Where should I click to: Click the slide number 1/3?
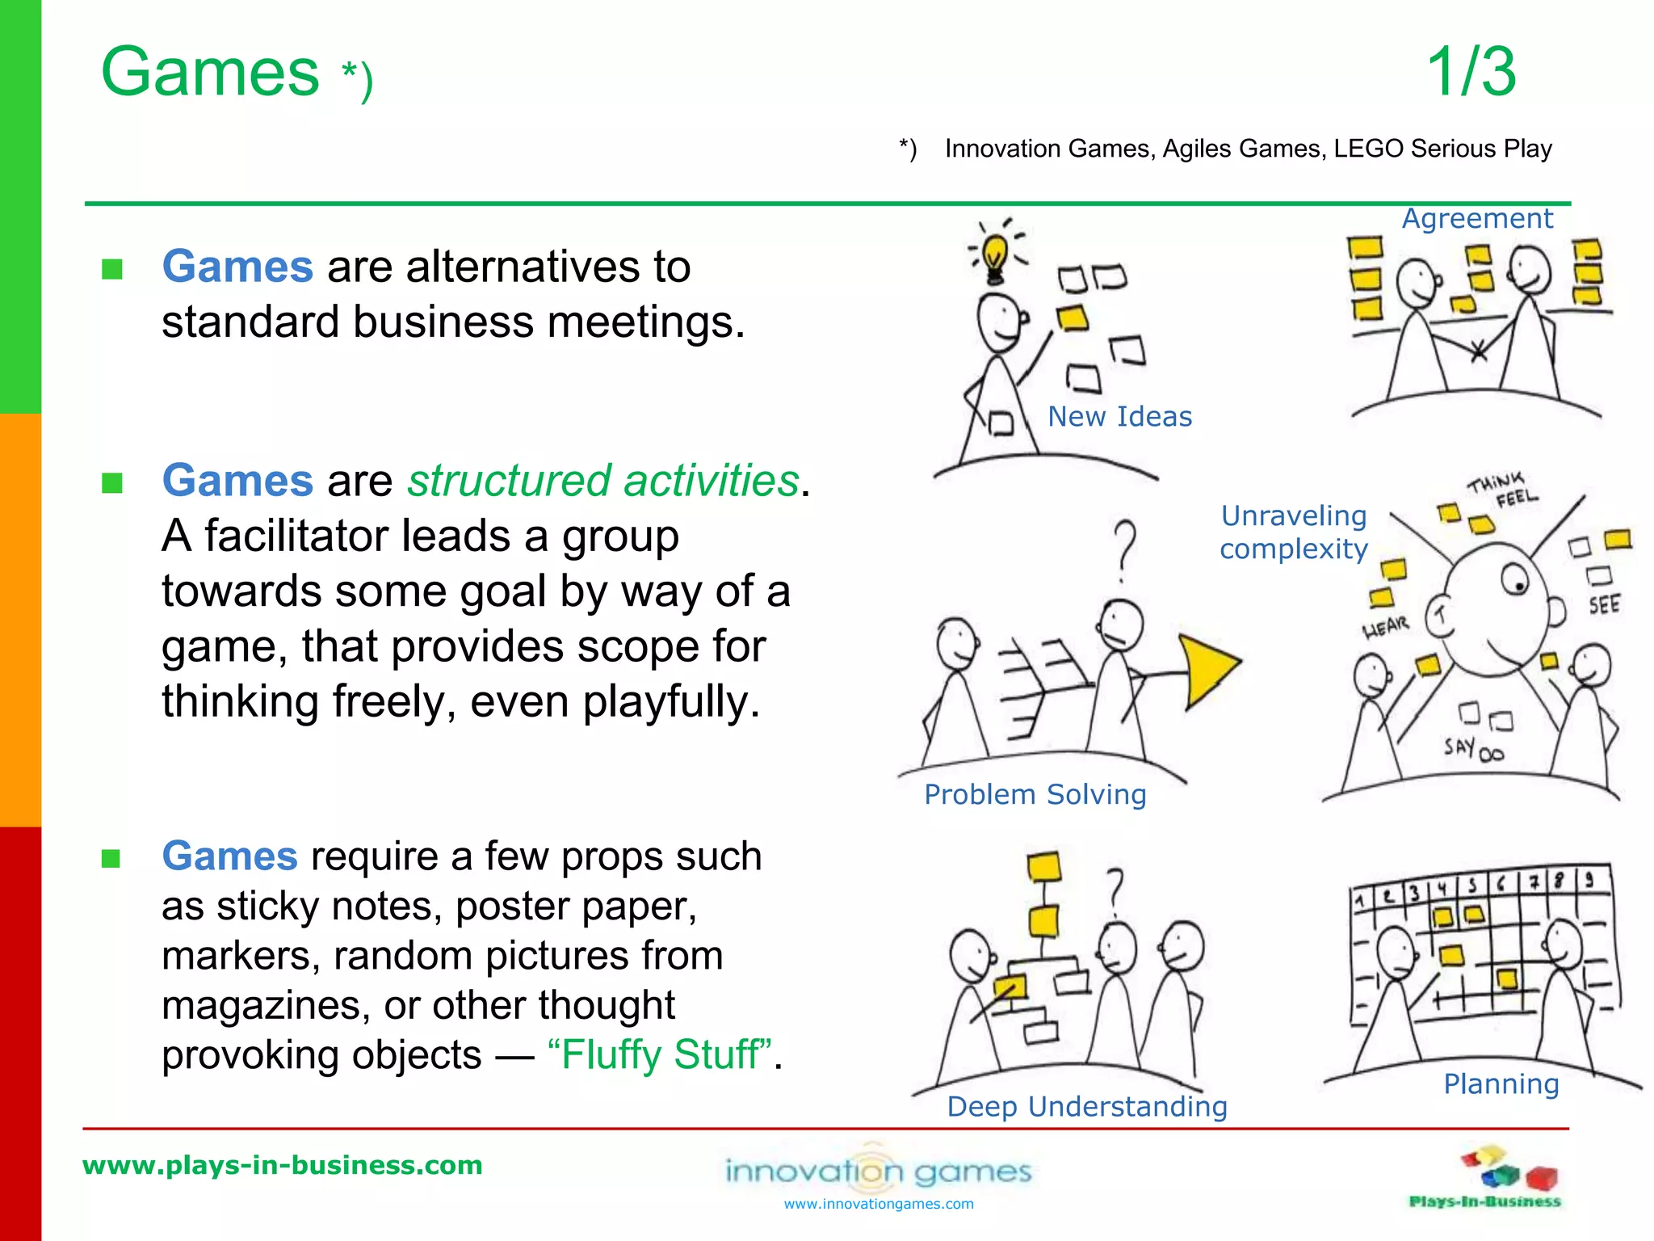(x=1471, y=73)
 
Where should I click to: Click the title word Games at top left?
(x=210, y=73)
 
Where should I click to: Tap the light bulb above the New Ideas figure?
(x=996, y=254)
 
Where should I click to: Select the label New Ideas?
(x=1119, y=417)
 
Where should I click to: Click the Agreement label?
(x=1476, y=219)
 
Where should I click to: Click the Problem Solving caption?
(x=1035, y=795)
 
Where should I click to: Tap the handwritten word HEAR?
(x=1386, y=627)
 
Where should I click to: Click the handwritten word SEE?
(x=1604, y=605)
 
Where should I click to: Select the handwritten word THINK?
(x=1495, y=483)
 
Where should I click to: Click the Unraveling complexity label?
(x=1294, y=532)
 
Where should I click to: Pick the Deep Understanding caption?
(x=1086, y=1107)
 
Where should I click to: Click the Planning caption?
(x=1501, y=1084)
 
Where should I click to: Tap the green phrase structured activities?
(x=602, y=482)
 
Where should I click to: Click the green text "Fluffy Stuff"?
(x=659, y=1055)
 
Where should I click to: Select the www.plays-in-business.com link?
(x=283, y=1166)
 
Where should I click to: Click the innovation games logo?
(x=878, y=1172)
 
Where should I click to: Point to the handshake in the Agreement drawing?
(x=1478, y=351)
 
